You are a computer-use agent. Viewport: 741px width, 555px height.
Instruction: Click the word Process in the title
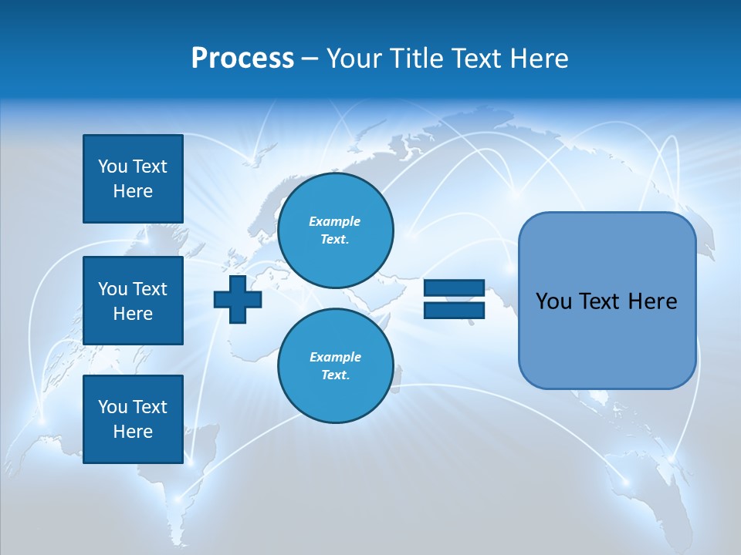(242, 59)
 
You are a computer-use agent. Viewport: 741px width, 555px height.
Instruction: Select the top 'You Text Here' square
(133, 179)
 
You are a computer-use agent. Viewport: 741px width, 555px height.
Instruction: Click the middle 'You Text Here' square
(133, 301)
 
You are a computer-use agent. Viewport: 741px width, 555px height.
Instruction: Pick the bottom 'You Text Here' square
(133, 419)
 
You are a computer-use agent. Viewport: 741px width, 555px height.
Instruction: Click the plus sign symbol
(237, 301)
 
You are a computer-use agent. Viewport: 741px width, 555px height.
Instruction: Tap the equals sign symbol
(454, 300)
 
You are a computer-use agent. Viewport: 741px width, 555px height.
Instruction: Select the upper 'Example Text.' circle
(335, 230)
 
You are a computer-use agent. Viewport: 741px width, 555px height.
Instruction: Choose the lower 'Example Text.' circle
(335, 366)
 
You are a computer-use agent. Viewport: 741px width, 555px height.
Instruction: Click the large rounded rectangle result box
(607, 301)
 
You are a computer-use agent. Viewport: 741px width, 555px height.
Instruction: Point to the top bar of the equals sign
(454, 288)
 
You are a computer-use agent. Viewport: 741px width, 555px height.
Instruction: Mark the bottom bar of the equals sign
(454, 311)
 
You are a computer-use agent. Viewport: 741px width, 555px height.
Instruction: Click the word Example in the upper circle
(335, 221)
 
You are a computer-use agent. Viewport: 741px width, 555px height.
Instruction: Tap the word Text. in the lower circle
(335, 375)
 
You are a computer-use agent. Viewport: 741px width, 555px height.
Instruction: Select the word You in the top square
(112, 166)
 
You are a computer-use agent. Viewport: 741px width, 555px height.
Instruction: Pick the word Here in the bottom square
(133, 432)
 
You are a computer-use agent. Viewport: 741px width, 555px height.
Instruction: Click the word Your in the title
(354, 59)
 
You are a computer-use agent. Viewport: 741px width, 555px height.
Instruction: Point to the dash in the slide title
(310, 59)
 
